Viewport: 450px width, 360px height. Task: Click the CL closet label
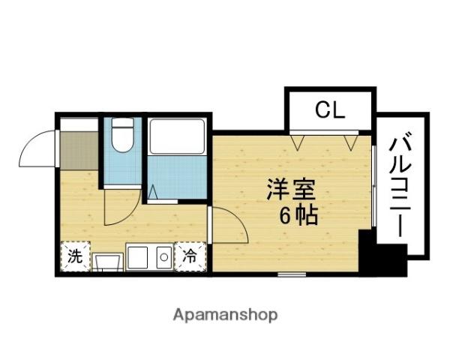click(x=330, y=110)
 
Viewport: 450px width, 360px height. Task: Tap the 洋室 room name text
click(x=291, y=190)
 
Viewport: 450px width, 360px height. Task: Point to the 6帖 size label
click(x=298, y=214)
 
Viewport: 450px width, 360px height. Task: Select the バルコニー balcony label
click(x=400, y=184)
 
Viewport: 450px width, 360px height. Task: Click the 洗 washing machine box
click(x=76, y=256)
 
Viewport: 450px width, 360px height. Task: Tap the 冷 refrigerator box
click(x=190, y=256)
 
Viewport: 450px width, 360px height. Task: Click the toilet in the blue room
click(x=122, y=134)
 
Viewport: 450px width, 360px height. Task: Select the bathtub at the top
click(x=177, y=136)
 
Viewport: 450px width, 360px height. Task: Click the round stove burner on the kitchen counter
click(x=163, y=257)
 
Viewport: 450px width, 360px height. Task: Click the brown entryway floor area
click(x=79, y=151)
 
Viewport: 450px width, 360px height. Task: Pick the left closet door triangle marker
click(x=297, y=142)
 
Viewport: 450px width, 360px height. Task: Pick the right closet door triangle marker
click(x=351, y=142)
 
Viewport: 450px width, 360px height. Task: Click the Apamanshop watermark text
click(x=225, y=315)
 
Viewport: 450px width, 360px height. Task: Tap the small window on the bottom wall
click(x=292, y=274)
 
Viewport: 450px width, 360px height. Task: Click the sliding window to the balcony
click(x=373, y=186)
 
